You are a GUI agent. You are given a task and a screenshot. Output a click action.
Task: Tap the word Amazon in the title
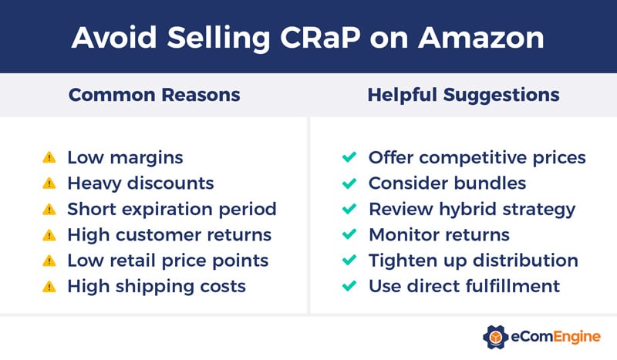pyautogui.click(x=479, y=35)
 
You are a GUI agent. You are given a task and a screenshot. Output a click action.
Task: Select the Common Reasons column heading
pyautogui.click(x=154, y=95)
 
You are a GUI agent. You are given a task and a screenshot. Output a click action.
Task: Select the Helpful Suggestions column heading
pyautogui.click(x=463, y=95)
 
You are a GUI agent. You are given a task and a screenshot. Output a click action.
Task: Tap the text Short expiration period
pyautogui.click(x=171, y=209)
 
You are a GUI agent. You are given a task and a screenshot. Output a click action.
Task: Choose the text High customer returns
pyautogui.click(x=170, y=235)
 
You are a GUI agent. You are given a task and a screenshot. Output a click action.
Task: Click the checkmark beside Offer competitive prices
pyautogui.click(x=349, y=157)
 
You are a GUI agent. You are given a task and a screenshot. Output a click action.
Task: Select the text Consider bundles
pyautogui.click(x=447, y=183)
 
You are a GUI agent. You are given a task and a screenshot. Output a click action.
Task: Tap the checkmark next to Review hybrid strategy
pyautogui.click(x=349, y=209)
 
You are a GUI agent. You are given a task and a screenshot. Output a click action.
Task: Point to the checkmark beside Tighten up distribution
pyautogui.click(x=349, y=261)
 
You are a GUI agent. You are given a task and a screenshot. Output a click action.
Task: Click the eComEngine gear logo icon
pyautogui.click(x=496, y=337)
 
